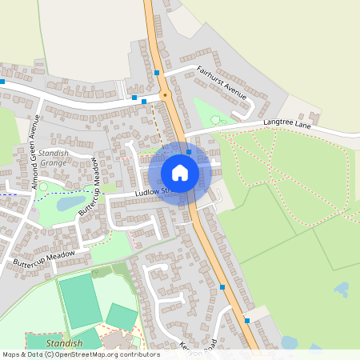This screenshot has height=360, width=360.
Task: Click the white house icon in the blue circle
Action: click(x=180, y=172)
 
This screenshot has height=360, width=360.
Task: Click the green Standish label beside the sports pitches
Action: click(x=63, y=343)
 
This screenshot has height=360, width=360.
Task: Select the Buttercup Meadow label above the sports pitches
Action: click(x=44, y=258)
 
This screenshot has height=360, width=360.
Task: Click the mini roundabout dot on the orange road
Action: click(x=165, y=95)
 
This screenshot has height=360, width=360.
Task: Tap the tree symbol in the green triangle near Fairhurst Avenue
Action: click(x=214, y=120)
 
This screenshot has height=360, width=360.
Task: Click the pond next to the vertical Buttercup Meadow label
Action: click(x=70, y=204)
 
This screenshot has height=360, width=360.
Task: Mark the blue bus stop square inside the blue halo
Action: click(x=189, y=151)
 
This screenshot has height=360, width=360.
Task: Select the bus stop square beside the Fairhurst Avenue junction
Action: click(x=157, y=73)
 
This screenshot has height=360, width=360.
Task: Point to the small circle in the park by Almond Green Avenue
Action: click(x=44, y=187)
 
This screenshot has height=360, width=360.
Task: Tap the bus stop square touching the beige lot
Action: click(x=247, y=321)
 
